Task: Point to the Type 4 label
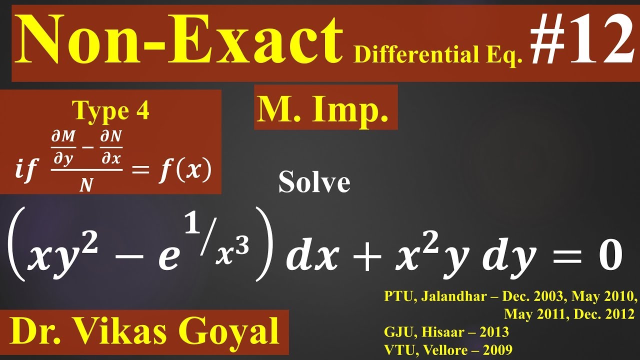pos(111,111)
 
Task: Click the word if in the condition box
pos(26,171)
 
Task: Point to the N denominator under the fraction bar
pos(87,185)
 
